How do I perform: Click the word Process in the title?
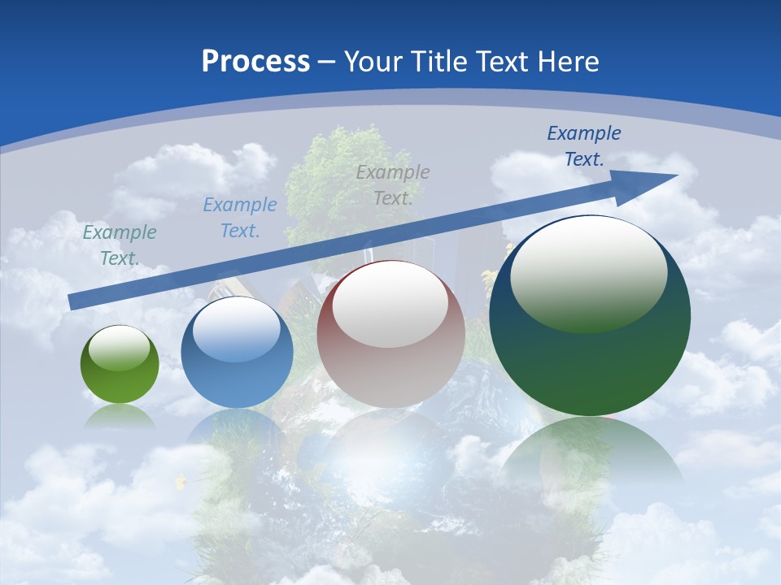(x=255, y=61)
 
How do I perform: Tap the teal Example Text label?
(x=120, y=245)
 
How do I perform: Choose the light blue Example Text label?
(x=239, y=217)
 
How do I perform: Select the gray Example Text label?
(x=393, y=184)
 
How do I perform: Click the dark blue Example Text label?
(x=583, y=145)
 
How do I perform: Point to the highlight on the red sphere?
(x=390, y=305)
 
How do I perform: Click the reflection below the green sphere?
(x=120, y=416)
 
